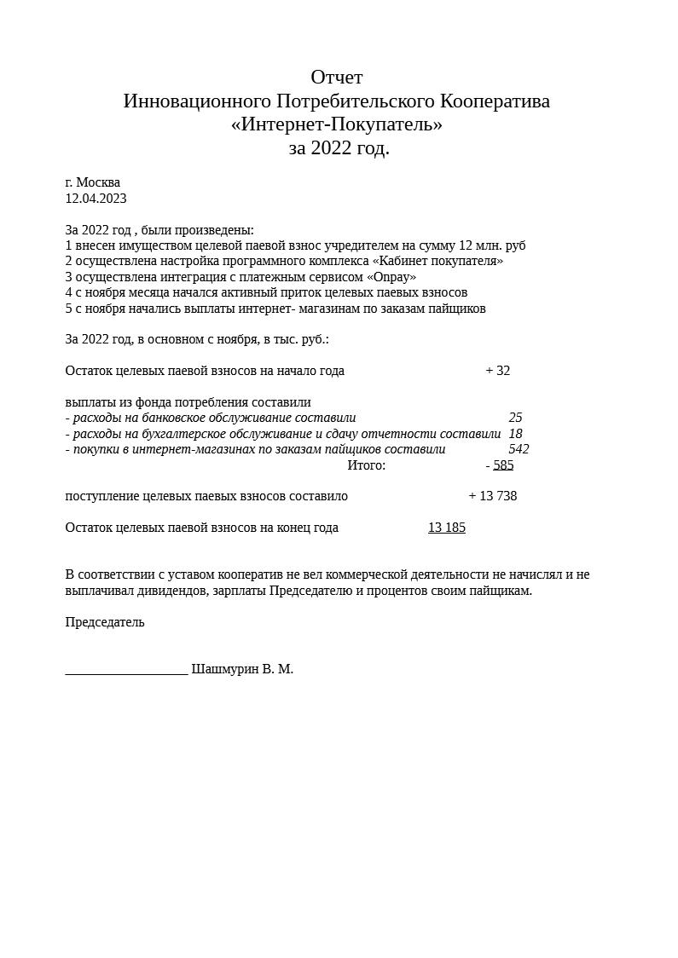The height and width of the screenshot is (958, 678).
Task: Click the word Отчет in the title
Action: click(336, 78)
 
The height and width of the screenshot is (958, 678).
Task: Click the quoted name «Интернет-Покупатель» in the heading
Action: click(336, 124)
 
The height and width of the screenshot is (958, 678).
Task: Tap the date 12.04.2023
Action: click(96, 199)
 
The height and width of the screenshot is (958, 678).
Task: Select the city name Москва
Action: click(98, 182)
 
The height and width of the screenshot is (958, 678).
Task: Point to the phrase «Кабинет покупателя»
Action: click(438, 261)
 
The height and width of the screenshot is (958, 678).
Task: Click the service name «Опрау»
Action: click(391, 277)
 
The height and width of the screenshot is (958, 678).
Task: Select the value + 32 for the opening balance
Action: click(497, 371)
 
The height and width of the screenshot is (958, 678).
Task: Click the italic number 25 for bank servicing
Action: click(515, 418)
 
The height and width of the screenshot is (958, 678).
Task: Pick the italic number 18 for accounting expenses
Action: click(515, 434)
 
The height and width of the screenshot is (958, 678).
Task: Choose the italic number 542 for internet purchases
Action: click(519, 449)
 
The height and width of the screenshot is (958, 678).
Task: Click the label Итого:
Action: click(366, 465)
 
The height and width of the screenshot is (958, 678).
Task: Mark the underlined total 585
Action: click(503, 465)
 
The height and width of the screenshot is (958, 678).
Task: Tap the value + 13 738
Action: click(492, 496)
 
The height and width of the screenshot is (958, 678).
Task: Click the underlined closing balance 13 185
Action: click(446, 528)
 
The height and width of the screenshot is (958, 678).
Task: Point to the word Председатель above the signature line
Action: click(105, 622)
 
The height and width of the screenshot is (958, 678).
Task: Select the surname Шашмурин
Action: click(224, 669)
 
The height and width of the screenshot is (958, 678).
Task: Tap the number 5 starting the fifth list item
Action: click(68, 309)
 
